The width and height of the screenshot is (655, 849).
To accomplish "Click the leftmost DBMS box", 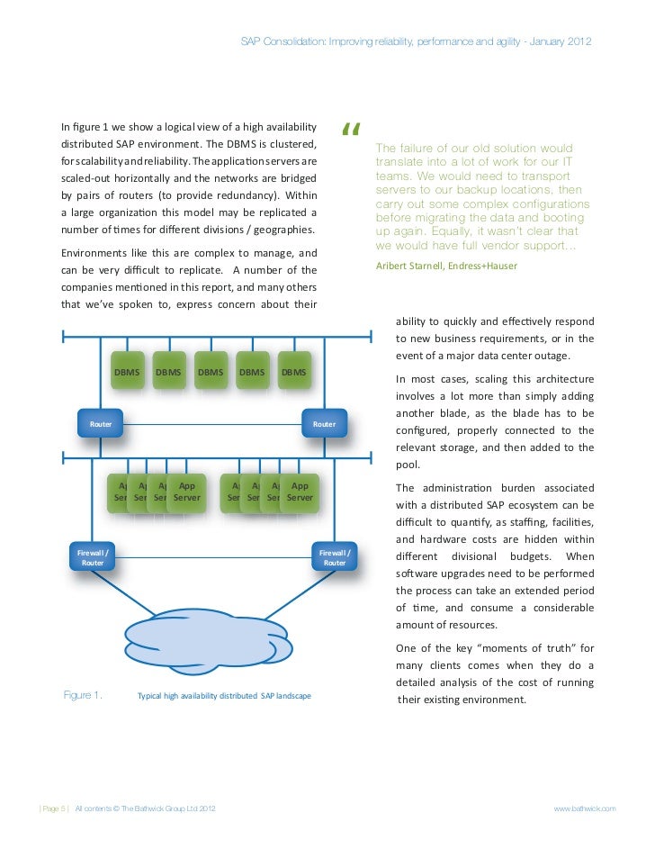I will pyautogui.click(x=127, y=372).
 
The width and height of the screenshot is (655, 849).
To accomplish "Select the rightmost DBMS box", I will pyautogui.click(x=294, y=372).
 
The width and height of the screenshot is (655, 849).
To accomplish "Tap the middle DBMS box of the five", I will pyautogui.click(x=211, y=372).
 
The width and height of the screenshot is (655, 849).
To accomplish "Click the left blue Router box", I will pyautogui.click(x=100, y=423).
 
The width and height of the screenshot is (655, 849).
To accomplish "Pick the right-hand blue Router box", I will pyautogui.click(x=323, y=423).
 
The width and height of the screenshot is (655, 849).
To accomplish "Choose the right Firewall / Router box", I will pyautogui.click(x=334, y=557).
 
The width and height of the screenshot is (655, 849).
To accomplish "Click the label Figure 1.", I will pyautogui.click(x=83, y=695).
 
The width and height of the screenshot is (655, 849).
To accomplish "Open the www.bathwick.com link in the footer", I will pyautogui.click(x=585, y=809).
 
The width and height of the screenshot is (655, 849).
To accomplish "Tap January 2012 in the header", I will pyautogui.click(x=561, y=42).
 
